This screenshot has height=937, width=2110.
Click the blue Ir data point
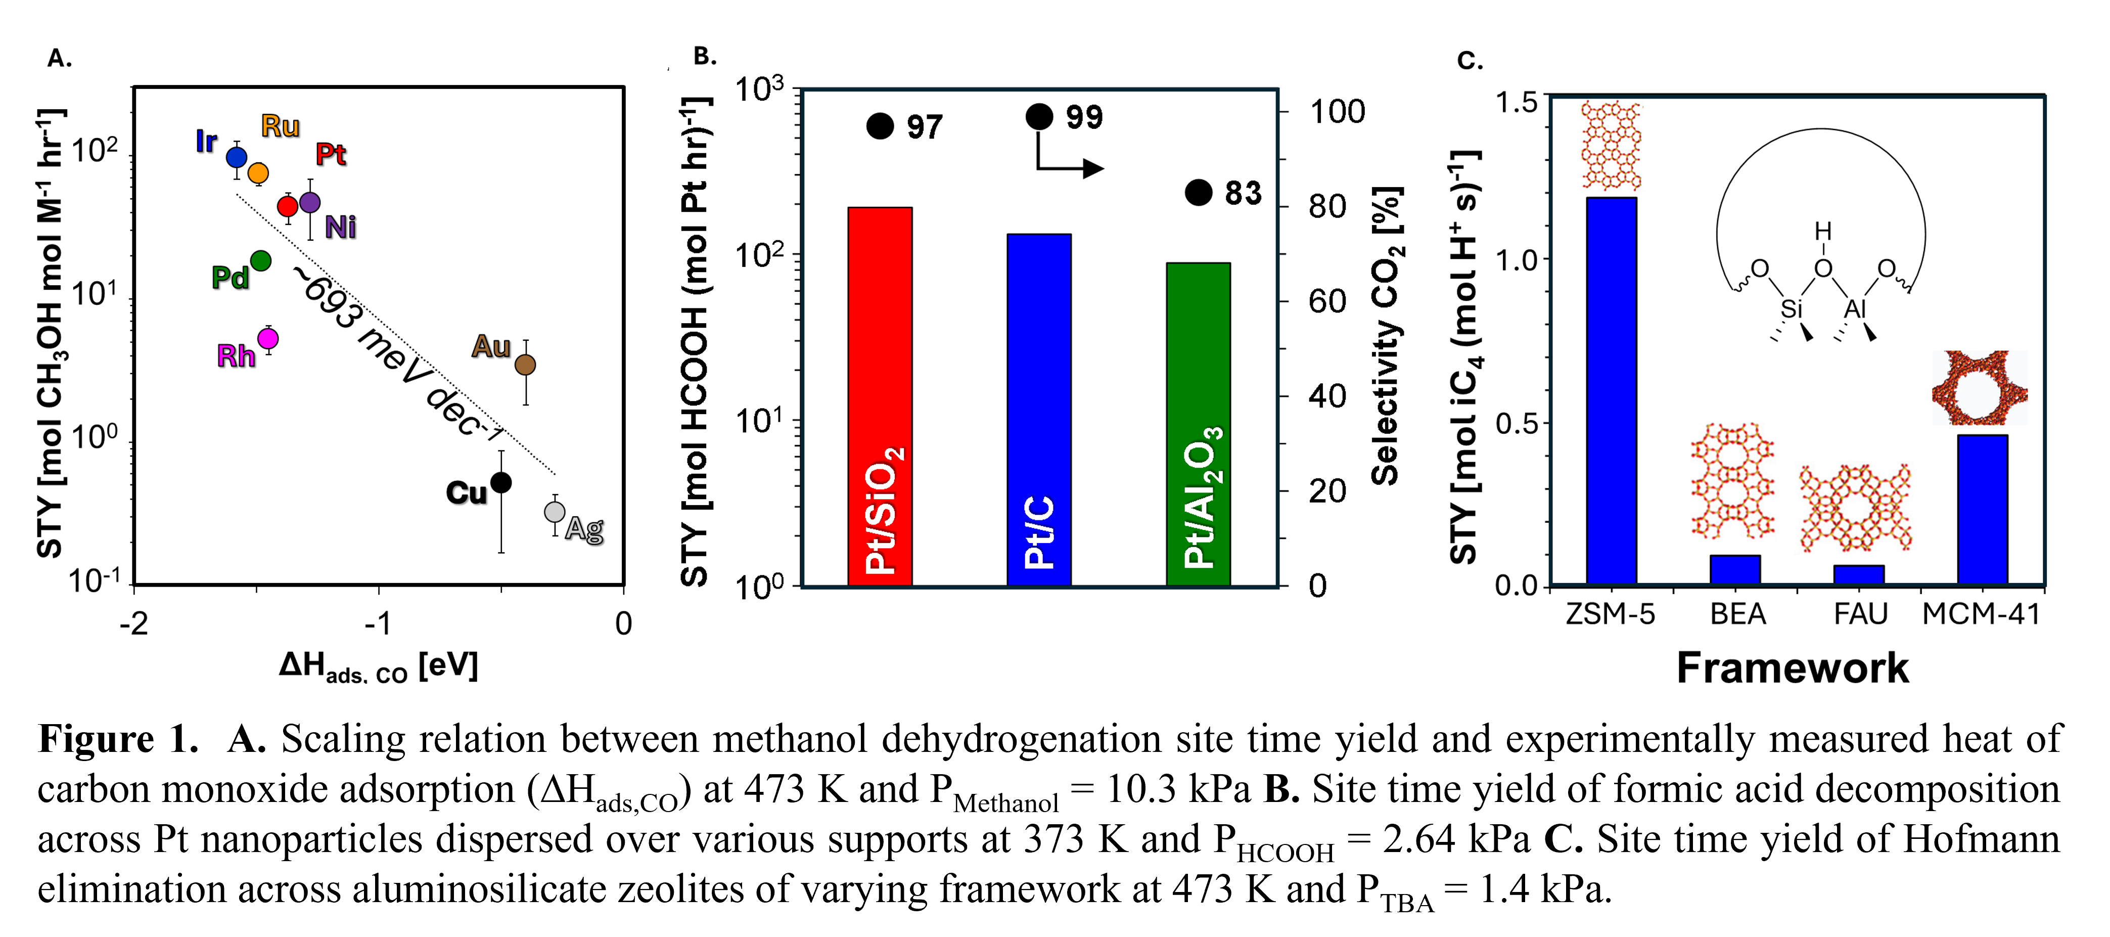pos(237,156)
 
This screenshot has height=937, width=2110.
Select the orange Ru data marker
pos(258,173)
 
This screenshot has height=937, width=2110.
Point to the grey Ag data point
pos(555,512)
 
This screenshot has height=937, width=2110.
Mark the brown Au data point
pos(526,365)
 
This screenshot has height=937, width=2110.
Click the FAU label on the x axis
pos(1860,613)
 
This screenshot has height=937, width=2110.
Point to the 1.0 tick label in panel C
pos(1518,260)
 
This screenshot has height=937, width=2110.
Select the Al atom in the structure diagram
pos(1854,309)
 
